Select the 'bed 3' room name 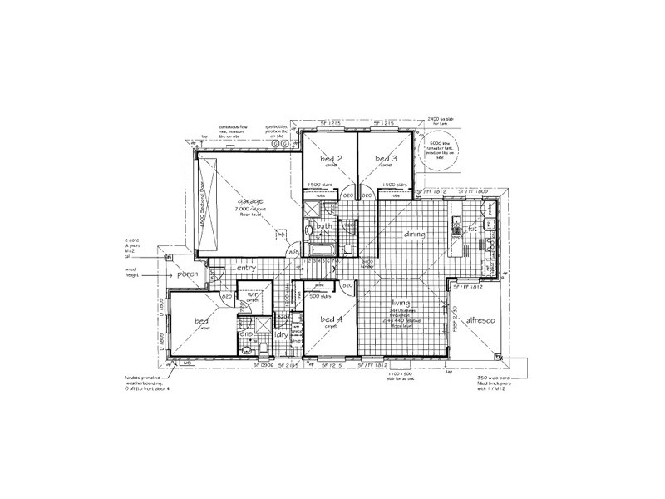386,158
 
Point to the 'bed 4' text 330,319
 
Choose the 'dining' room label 415,235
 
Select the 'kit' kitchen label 471,227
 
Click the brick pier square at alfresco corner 498,357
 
